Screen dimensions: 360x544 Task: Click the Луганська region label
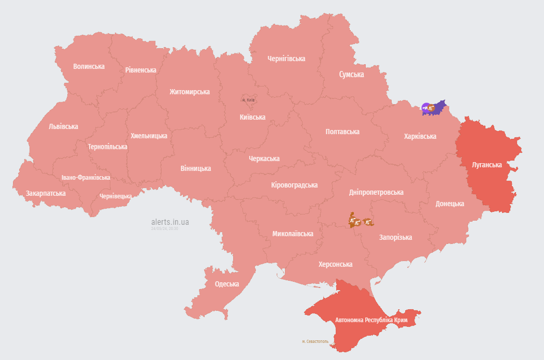tap(486, 165)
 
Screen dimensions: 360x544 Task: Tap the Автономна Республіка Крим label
tap(371, 320)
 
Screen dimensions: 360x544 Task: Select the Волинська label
tap(89, 66)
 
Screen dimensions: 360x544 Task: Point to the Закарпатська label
tap(46, 193)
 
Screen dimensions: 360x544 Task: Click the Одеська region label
tap(227, 284)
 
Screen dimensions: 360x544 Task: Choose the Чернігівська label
tap(286, 59)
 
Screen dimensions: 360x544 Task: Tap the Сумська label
tap(351, 74)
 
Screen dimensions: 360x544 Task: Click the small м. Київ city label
tap(248, 99)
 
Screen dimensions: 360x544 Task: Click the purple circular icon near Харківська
tap(426, 107)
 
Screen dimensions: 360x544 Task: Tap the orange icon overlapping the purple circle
tap(431, 108)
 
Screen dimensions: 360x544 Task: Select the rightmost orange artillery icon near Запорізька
tap(368, 222)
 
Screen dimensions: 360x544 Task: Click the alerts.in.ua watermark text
tap(170, 222)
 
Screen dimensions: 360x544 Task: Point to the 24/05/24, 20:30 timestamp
tap(165, 228)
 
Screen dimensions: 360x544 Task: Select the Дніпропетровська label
tap(376, 192)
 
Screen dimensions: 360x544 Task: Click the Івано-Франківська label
tap(85, 177)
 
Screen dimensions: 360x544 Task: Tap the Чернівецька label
tap(116, 196)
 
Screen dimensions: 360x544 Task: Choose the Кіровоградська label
tap(294, 185)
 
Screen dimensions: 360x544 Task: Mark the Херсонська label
tap(335, 264)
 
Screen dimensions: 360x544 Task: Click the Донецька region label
tap(449, 204)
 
